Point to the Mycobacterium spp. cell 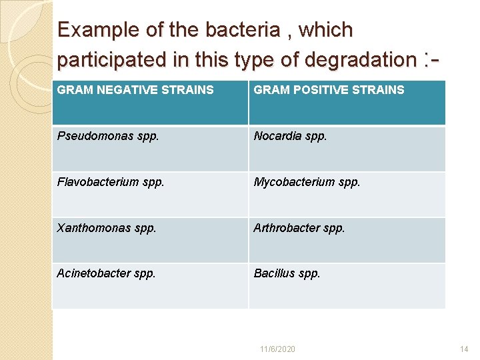(307, 182)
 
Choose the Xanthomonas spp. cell (107, 227)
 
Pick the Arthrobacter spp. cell (299, 227)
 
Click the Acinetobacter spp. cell (106, 273)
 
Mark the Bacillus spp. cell (287, 273)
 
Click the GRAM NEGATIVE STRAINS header (135, 90)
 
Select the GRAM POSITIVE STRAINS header (329, 90)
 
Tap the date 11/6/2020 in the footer (278, 349)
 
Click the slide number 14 (465, 349)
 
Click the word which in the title (327, 30)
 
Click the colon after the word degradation (425, 59)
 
